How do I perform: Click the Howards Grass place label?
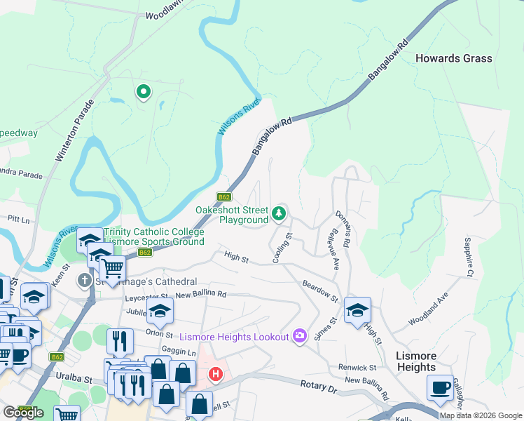tap(454, 58)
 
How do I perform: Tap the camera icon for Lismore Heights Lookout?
tap(299, 336)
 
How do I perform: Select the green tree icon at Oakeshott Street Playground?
tap(280, 212)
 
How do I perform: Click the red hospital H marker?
tap(215, 374)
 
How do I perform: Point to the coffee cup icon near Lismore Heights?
tap(440, 388)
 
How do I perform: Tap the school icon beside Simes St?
tap(357, 310)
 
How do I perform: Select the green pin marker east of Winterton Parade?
tap(144, 92)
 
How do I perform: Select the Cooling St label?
tap(282, 249)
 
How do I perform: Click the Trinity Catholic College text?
tap(154, 232)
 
